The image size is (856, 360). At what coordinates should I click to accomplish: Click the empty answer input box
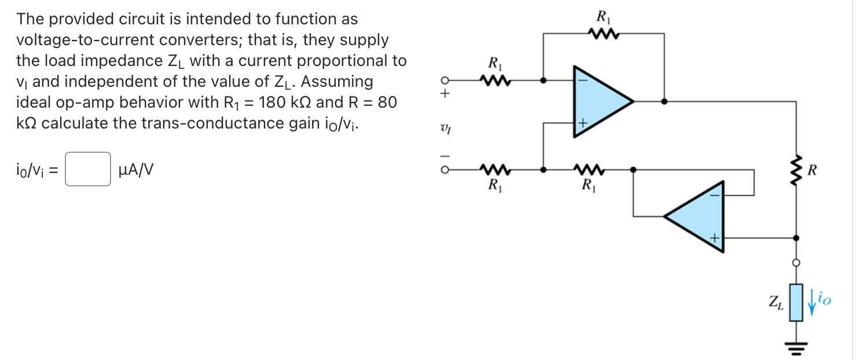point(88,169)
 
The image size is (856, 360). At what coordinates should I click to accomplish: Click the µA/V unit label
point(135,170)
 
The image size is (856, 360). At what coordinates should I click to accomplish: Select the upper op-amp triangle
point(599,101)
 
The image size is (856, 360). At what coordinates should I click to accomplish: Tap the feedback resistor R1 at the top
point(604,35)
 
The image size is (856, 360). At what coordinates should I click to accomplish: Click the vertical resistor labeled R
point(796,170)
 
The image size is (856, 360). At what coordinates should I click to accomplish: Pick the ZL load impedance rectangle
point(796,302)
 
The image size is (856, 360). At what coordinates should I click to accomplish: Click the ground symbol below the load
point(796,347)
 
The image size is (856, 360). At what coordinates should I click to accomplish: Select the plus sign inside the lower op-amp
point(715,238)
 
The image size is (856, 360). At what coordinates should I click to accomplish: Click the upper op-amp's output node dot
point(664,101)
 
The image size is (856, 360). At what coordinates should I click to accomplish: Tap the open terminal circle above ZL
point(796,262)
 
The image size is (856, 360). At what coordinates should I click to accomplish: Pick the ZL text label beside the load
point(776,302)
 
